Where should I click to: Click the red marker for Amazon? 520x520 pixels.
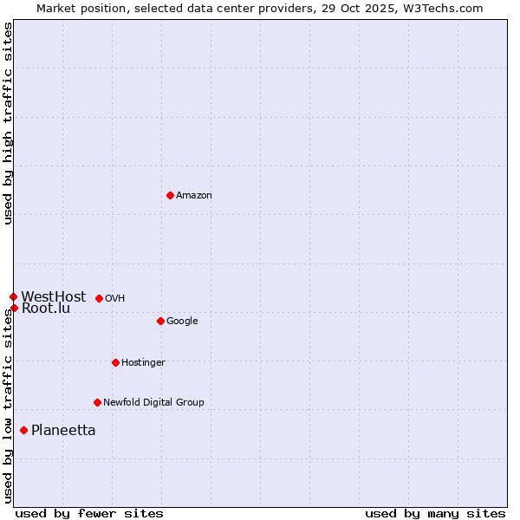(170, 195)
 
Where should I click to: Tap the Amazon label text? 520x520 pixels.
(194, 196)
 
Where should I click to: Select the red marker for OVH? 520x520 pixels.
(99, 298)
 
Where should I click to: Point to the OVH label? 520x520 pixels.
(115, 299)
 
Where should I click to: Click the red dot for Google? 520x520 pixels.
(160, 321)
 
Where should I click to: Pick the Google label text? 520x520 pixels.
(182, 322)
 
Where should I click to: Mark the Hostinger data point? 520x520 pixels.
(115, 362)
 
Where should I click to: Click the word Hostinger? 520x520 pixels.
(143, 363)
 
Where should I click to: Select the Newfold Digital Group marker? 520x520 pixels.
(97, 402)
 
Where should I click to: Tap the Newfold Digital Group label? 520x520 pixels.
(153, 403)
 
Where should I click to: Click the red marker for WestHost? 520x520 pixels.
(13, 296)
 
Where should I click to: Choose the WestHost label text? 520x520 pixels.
(54, 297)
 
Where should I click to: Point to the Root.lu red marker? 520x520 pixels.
(14, 308)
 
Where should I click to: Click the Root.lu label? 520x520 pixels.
(46, 309)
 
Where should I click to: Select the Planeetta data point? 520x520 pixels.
(23, 430)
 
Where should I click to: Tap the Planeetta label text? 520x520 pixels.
(63, 431)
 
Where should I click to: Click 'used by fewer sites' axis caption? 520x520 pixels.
(89, 513)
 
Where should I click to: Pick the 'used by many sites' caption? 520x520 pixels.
(435, 513)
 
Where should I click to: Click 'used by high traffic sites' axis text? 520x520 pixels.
(8, 123)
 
